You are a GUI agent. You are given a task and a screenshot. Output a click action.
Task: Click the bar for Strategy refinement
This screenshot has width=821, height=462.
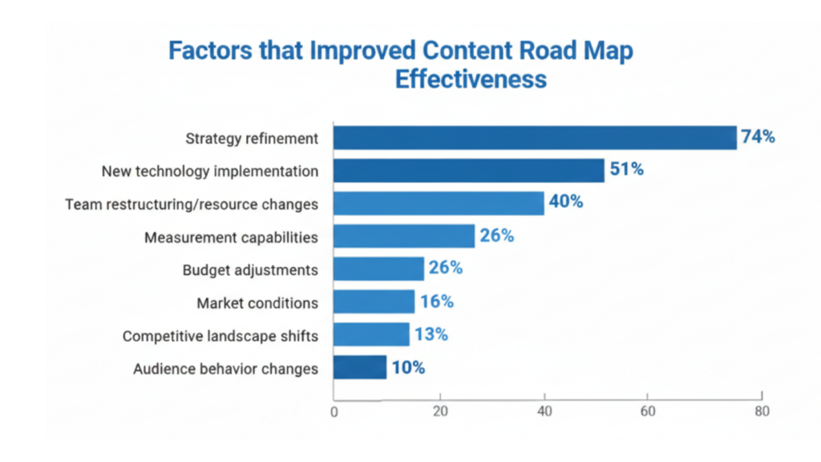[535, 138]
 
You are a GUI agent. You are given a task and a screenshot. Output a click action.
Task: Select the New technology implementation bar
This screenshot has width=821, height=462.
[468, 171]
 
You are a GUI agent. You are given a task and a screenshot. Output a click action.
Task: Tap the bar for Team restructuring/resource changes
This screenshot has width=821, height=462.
[439, 204]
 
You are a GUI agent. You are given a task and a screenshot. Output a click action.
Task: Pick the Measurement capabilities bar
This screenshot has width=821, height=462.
[403, 237]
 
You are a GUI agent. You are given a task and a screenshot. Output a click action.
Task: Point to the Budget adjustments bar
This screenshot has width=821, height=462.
[378, 269]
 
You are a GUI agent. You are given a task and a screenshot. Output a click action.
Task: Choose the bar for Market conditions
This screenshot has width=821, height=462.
[374, 302]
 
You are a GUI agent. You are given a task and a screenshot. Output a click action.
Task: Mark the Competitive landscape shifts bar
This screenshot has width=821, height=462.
[371, 334]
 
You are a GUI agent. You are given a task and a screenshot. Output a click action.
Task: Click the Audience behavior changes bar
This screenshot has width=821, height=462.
[360, 368]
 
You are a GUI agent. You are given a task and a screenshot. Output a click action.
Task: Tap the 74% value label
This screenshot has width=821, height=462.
[758, 137]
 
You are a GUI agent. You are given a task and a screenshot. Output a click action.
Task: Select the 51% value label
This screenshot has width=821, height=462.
[626, 170]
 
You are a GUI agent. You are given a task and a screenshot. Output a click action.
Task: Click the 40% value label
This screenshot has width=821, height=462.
[566, 202]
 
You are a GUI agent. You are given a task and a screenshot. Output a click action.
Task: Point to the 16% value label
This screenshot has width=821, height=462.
[436, 302]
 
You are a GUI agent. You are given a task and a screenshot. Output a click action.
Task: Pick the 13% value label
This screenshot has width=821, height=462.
[431, 334]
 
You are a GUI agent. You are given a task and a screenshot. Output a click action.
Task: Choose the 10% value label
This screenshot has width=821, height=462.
[408, 368]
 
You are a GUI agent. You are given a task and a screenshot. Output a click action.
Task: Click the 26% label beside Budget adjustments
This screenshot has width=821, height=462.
[445, 268]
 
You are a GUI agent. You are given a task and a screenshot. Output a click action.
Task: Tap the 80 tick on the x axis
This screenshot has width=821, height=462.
[761, 412]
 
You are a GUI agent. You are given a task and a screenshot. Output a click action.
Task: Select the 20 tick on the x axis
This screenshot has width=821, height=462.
[439, 412]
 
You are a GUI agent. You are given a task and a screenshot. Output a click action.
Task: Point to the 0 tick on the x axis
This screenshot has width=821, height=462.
[334, 413]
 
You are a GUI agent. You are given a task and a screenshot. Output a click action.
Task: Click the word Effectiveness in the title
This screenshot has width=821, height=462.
[471, 79]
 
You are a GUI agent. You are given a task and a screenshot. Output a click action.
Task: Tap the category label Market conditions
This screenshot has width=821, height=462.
[257, 303]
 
